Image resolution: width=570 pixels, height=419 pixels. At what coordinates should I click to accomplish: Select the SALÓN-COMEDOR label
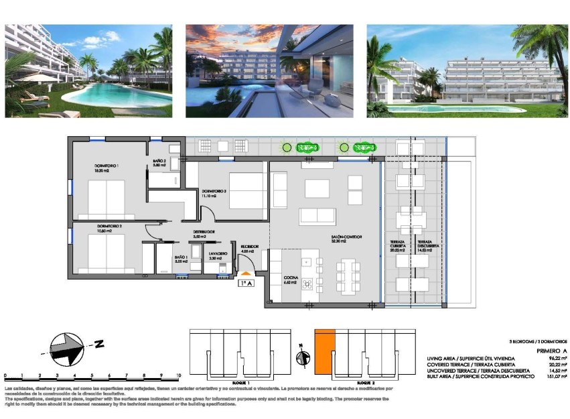(x=347, y=238)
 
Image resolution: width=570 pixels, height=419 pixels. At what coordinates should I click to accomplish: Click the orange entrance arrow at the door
(x=246, y=274)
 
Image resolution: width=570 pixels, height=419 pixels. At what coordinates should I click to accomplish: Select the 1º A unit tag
(x=246, y=284)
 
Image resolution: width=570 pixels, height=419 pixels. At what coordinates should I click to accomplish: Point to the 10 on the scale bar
(x=177, y=377)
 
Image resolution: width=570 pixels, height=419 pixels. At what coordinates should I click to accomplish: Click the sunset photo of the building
(x=269, y=71)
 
